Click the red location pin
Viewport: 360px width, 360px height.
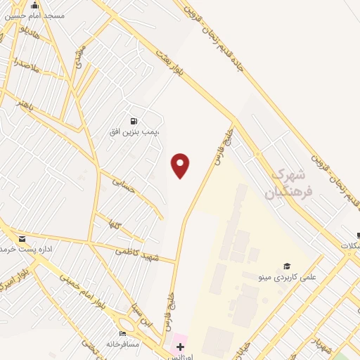181,165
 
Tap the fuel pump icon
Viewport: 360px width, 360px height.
134,120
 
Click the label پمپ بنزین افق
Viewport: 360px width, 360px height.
134,131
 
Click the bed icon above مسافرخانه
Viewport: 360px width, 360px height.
123,333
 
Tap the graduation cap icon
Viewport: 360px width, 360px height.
286,265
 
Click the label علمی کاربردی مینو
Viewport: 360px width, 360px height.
288,277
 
